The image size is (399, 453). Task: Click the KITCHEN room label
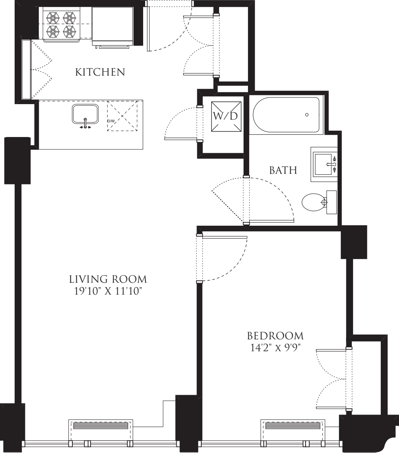coord(100,72)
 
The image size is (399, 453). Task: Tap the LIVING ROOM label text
coord(108,279)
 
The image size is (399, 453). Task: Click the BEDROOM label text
coord(275,336)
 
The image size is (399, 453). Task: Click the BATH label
coord(283,171)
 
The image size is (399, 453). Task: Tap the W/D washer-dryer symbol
coord(226,116)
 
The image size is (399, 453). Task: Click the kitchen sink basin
coord(85,114)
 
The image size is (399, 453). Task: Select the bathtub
coord(286,115)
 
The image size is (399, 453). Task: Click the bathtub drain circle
coord(307,115)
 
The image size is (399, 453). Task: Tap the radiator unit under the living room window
coord(101,426)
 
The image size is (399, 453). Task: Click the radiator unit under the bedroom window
coord(292,426)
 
